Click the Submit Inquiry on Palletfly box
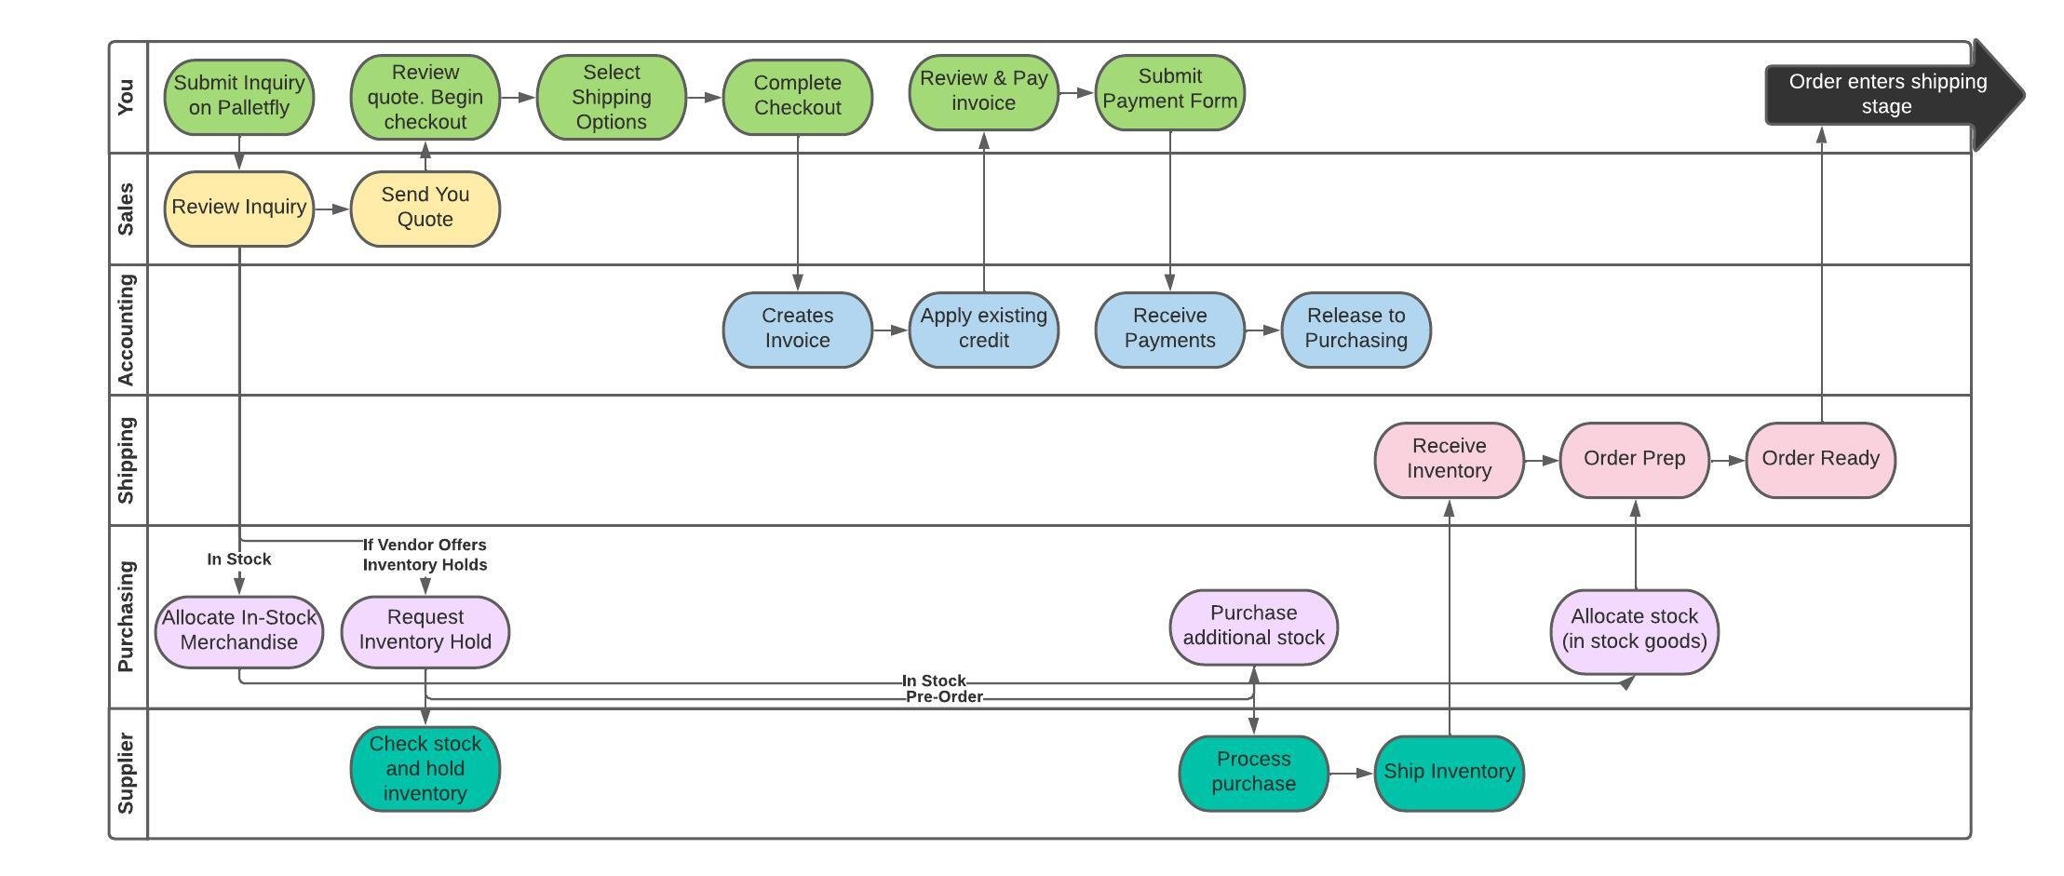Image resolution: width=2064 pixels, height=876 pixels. coord(239,96)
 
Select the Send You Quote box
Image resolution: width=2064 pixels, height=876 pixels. coord(425,208)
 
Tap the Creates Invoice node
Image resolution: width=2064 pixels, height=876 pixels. coord(797,329)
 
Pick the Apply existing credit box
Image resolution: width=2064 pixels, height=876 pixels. coord(983,329)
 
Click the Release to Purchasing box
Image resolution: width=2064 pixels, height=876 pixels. coord(1356,329)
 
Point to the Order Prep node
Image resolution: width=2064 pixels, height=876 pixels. coord(1634,459)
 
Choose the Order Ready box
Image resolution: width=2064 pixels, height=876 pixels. coord(1820,459)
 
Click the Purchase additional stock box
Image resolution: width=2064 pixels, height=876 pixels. coord(1253,627)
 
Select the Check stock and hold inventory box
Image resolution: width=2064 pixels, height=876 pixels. coord(425,769)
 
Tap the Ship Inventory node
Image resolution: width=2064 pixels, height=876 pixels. coord(1449,772)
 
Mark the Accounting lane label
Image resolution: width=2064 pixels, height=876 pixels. coord(127,330)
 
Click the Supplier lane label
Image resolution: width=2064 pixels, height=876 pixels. coord(127,774)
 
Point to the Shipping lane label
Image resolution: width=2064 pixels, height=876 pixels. coord(127,460)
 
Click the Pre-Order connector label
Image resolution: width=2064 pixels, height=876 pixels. coord(943,697)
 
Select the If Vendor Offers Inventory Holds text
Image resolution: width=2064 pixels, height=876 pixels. coord(425,555)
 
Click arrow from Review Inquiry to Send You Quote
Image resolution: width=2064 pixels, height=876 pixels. coord(331,209)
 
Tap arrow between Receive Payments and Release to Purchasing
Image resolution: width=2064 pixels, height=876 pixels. coord(1262,330)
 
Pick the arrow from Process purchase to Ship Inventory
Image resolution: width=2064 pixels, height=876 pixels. coord(1351,773)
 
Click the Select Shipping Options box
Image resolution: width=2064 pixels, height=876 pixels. coord(611,97)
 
